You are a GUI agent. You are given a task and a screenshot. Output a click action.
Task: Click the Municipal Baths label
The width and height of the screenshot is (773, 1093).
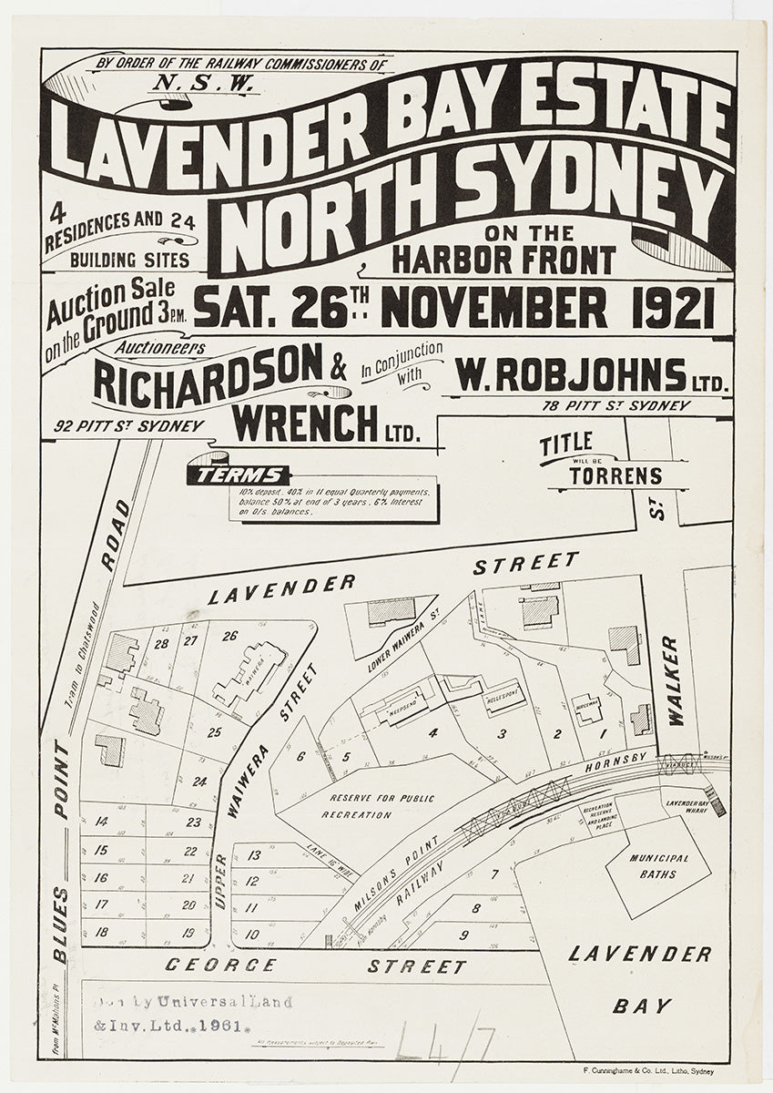tap(658, 865)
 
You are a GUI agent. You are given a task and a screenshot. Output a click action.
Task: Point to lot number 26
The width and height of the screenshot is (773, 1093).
tap(229, 636)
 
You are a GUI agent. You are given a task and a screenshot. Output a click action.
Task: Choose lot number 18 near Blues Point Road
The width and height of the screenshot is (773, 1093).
tap(101, 933)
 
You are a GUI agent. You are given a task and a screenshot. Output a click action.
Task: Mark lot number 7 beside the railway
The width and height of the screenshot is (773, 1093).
tap(494, 876)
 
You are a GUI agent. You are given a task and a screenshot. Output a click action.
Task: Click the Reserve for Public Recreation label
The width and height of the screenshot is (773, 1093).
tap(366, 806)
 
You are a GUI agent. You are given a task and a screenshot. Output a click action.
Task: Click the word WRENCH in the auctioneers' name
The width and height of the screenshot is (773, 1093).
tap(304, 421)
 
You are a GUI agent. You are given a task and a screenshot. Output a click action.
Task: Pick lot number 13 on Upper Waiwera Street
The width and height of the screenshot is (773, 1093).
tap(254, 855)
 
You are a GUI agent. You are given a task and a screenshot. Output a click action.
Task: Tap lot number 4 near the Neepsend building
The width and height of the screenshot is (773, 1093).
tap(433, 731)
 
